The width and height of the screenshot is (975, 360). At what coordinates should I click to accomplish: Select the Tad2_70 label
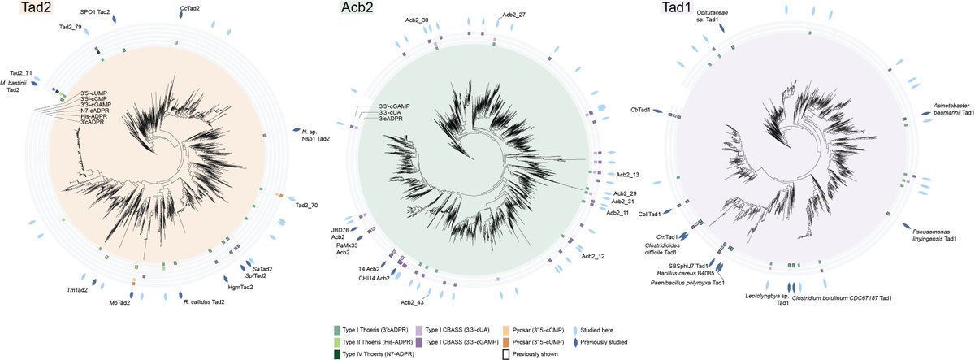306,205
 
